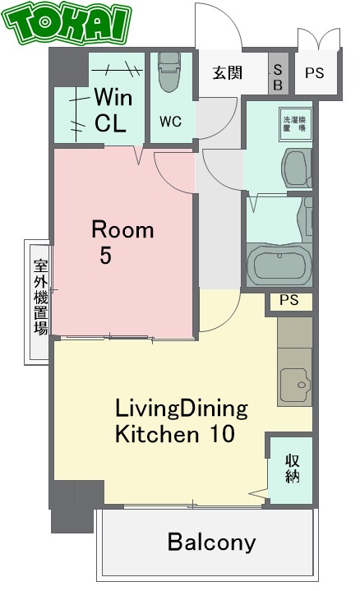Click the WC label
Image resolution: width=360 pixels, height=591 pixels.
coord(170,122)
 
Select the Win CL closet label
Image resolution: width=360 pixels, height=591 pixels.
coord(112,109)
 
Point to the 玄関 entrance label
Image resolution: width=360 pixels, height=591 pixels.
coord(228,73)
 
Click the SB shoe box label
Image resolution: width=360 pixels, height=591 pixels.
coord(277,78)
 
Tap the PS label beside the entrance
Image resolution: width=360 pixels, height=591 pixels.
coord(315,73)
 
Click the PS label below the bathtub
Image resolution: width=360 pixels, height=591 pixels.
coord(288,300)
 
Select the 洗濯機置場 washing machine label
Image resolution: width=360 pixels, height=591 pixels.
coord(293,122)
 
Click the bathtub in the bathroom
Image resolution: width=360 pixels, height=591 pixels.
coord(280,265)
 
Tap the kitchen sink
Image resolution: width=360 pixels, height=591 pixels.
coord(293,384)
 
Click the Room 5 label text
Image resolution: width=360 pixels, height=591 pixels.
coord(121,242)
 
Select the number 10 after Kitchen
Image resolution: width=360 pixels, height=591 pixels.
coord(221,433)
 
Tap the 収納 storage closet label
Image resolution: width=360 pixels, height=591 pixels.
coord(292,469)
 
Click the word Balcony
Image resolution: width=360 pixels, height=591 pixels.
coord(211,543)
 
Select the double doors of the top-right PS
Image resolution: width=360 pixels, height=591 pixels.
coord(317,41)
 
